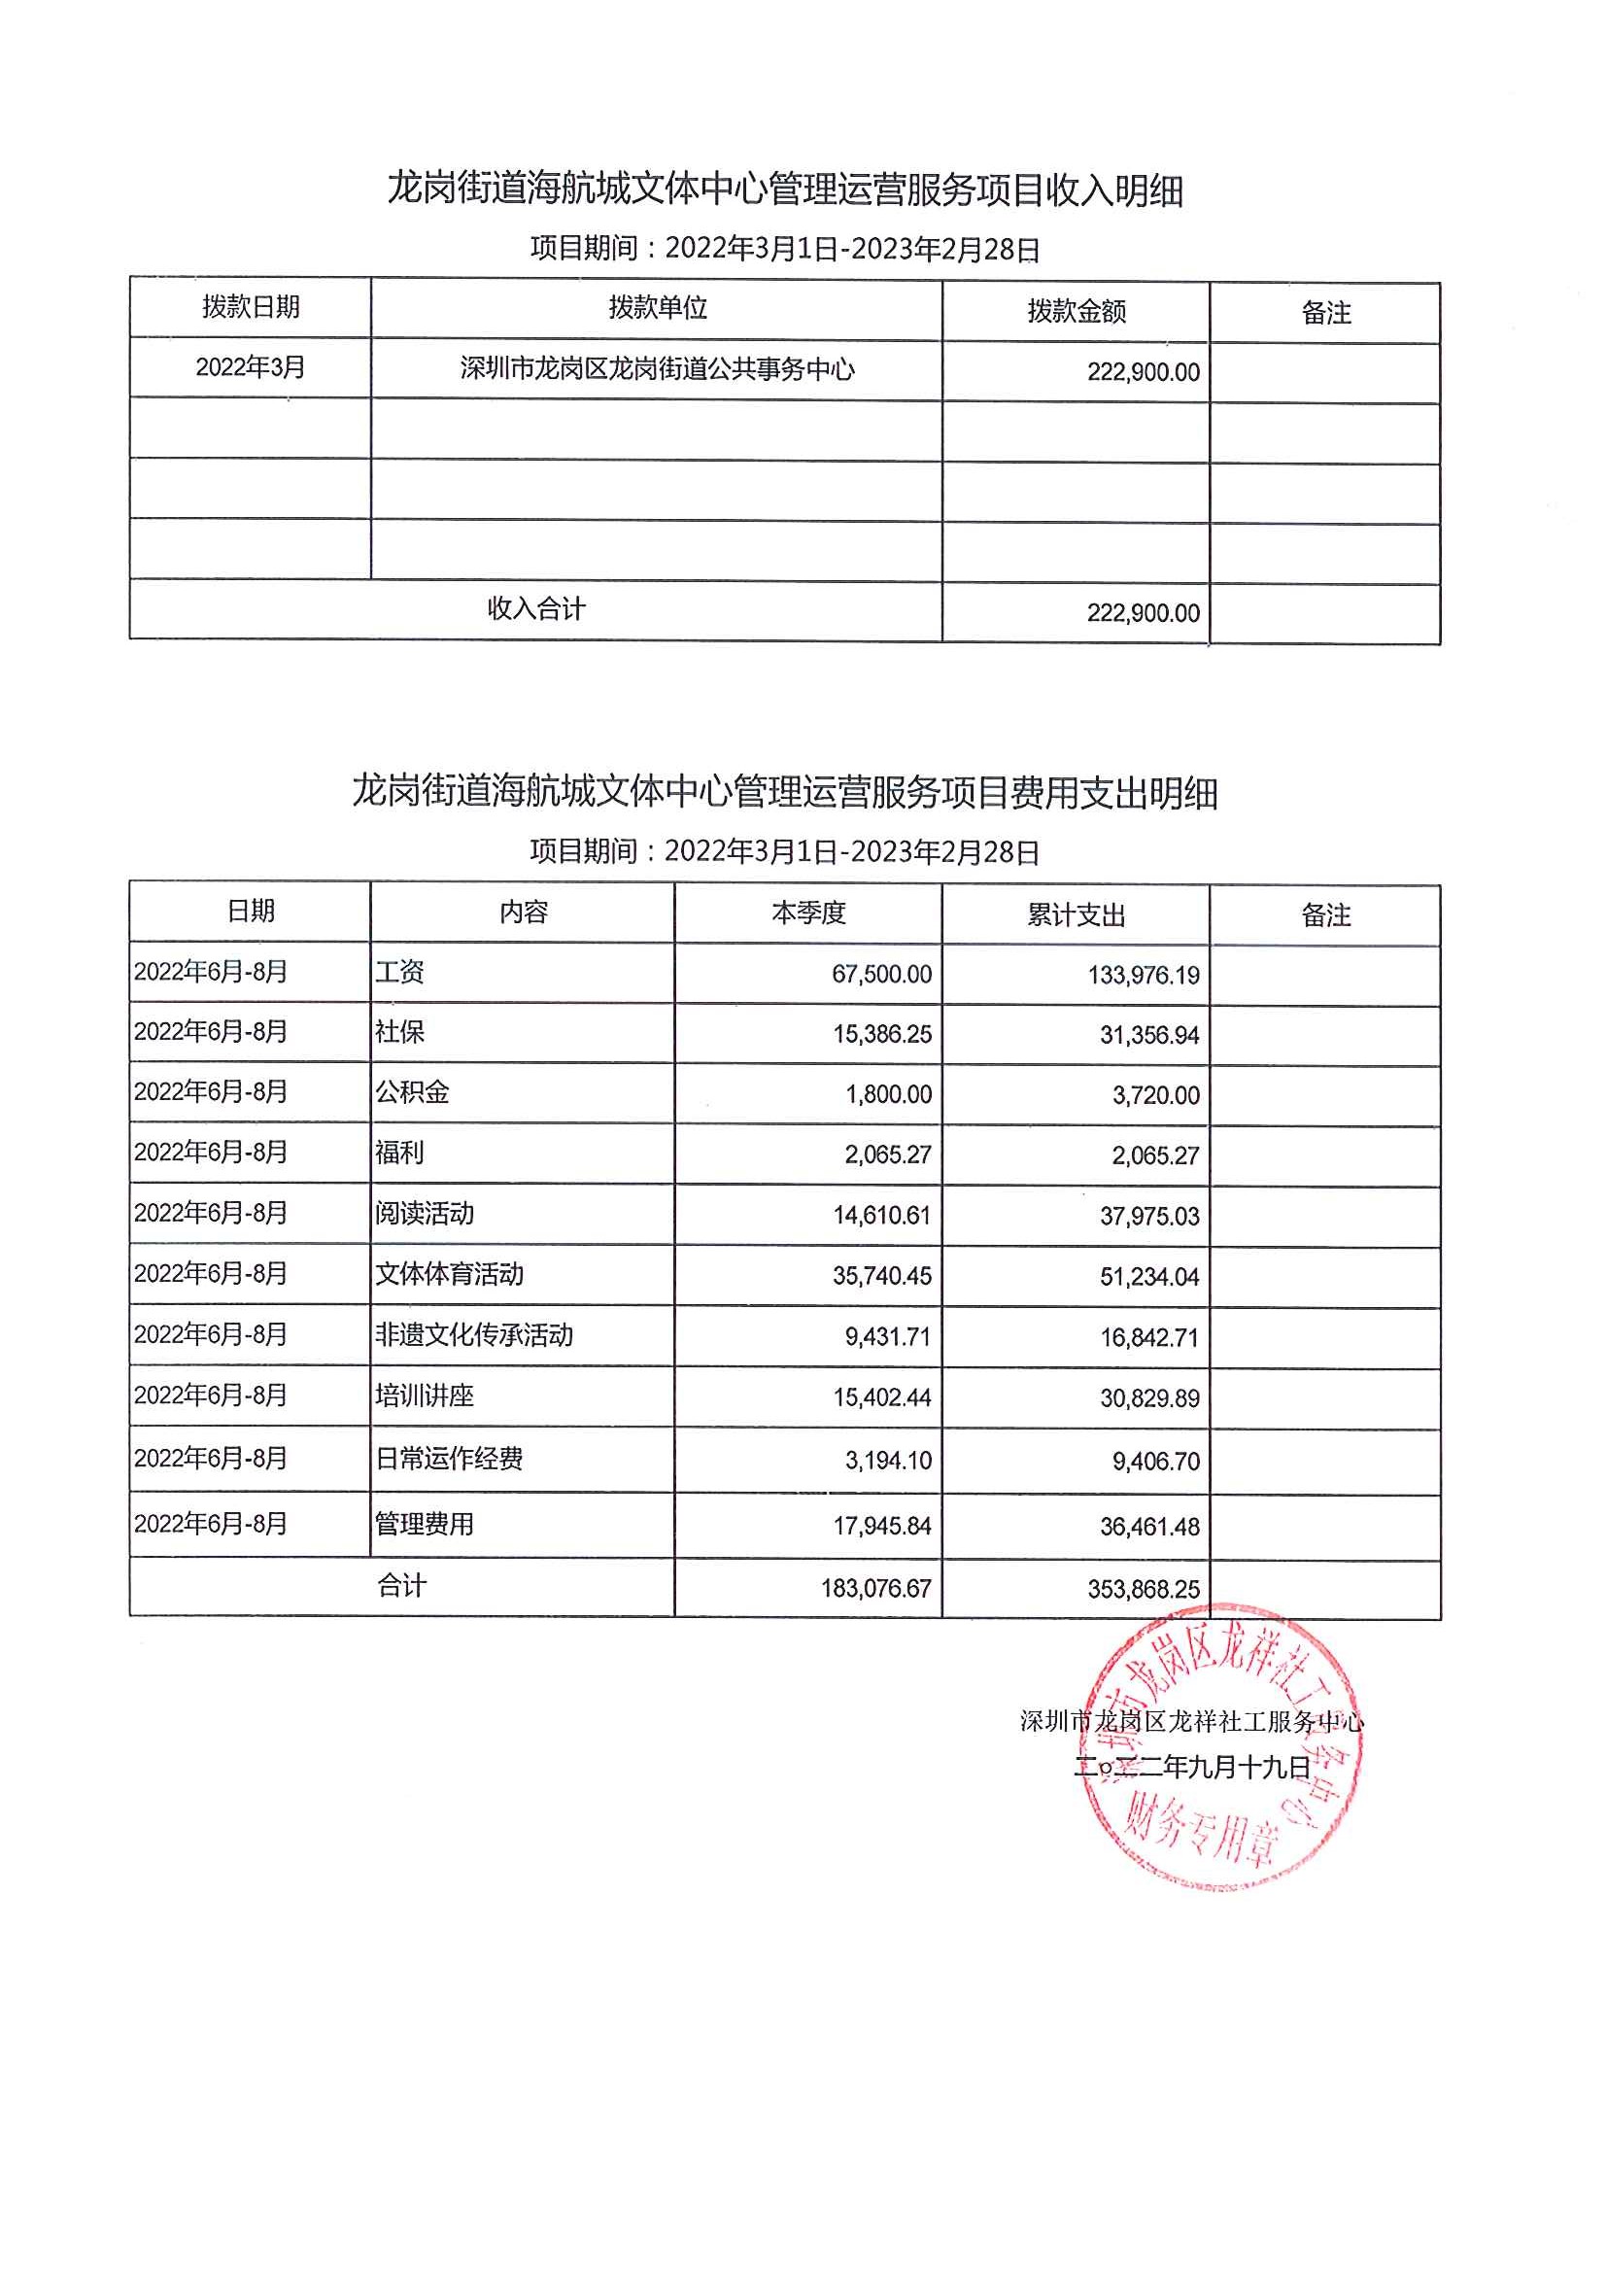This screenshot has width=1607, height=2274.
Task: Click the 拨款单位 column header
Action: [658, 308]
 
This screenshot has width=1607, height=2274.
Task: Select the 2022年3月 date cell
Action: [251, 367]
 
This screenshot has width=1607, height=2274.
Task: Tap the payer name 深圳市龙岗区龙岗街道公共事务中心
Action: [657, 369]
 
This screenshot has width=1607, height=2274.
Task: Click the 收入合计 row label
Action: [535, 608]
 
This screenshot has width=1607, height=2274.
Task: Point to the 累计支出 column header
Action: [1077, 914]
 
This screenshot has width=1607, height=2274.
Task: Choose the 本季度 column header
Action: [808, 913]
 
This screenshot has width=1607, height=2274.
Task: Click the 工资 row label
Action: [400, 972]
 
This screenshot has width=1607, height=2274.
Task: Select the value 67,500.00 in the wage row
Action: [881, 975]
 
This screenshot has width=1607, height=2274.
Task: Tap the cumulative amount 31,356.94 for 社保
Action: [1148, 1035]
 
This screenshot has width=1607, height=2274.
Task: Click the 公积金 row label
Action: [412, 1092]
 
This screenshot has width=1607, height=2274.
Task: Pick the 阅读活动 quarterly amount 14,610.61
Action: [881, 1216]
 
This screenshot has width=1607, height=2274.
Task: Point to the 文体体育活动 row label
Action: [450, 1274]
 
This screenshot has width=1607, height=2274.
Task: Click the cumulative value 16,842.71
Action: [1148, 1338]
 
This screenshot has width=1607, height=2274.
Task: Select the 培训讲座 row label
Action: [425, 1395]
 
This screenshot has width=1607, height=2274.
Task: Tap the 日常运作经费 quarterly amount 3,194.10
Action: [888, 1460]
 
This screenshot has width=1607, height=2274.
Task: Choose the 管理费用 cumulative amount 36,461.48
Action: [1148, 1527]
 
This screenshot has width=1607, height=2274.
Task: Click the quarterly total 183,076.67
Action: [875, 1589]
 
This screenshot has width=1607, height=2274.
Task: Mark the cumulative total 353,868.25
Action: [1143, 1590]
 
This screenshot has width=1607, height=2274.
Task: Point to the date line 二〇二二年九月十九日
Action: [1192, 1766]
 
